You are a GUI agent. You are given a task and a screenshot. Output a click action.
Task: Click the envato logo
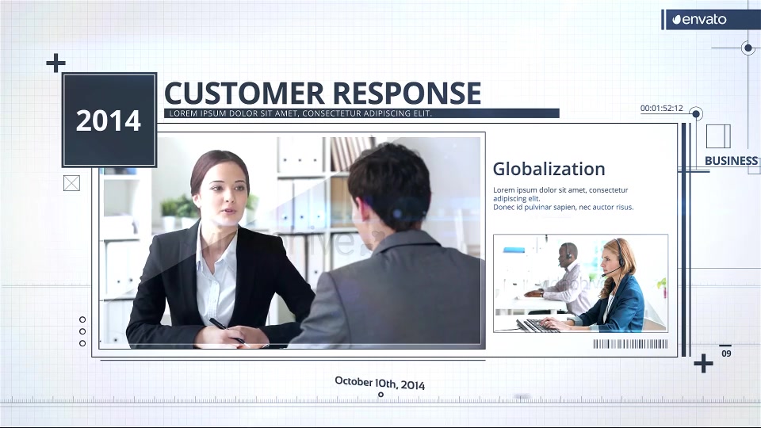coord(699,19)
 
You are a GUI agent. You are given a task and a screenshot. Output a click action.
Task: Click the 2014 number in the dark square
coord(109,120)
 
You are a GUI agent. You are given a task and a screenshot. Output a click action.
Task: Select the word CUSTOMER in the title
coord(245,94)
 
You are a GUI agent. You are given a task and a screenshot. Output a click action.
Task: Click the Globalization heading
coord(549,169)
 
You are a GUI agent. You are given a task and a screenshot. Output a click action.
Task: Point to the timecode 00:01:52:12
coord(661,109)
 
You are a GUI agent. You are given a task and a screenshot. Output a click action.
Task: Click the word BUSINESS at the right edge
coord(732,161)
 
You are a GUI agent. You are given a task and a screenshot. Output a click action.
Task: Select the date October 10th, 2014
coord(380,383)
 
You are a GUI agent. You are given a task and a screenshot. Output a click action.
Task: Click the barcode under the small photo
coord(630,343)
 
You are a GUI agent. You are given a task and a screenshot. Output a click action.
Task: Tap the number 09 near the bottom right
coord(726,353)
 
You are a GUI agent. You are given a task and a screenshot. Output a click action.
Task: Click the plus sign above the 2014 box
coord(55,63)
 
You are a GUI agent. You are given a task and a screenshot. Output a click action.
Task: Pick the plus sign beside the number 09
coord(703,363)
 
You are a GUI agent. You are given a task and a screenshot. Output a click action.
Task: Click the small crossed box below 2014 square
coord(72,183)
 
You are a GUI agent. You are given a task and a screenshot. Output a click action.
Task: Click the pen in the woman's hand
coord(228,331)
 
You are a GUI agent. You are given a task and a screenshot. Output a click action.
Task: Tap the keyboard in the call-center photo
coord(537,326)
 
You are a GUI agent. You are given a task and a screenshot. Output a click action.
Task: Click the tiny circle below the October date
coord(381,395)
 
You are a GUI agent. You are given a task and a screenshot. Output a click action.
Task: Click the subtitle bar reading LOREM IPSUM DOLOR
coord(361,113)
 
